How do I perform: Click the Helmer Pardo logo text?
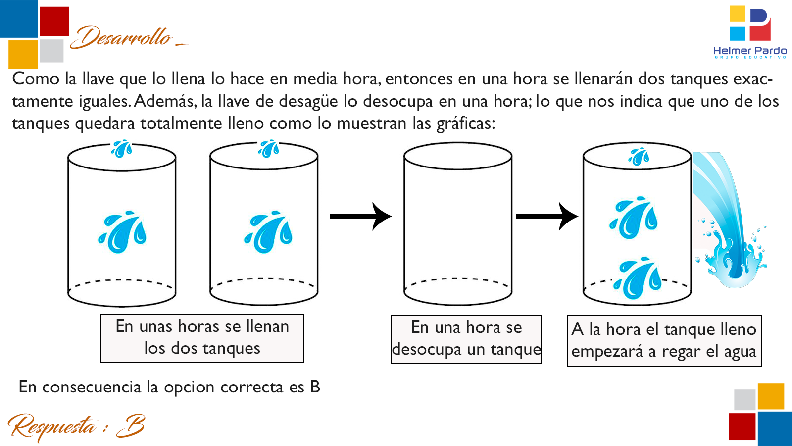click(x=749, y=51)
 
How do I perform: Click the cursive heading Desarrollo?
click(x=124, y=38)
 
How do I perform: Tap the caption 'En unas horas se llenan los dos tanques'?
click(x=202, y=337)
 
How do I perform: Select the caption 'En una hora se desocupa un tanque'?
click(x=466, y=339)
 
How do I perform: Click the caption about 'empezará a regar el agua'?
click(x=663, y=340)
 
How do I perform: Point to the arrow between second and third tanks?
click(x=361, y=216)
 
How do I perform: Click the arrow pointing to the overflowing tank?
click(x=547, y=216)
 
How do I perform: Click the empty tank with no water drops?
click(x=458, y=223)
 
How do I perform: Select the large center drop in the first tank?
click(x=122, y=232)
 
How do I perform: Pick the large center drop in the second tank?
click(x=268, y=232)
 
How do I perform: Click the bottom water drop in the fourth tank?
click(x=638, y=278)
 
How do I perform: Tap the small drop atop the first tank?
click(x=122, y=148)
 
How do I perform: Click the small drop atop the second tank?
click(x=269, y=148)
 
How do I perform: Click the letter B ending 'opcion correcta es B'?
click(x=315, y=387)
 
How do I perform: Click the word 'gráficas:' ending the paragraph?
click(x=465, y=123)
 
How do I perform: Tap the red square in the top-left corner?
click(x=54, y=21)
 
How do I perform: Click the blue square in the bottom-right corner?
click(x=774, y=428)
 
